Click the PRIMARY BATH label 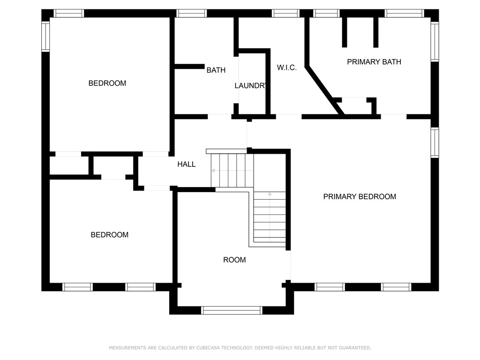point(374,62)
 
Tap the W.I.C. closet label point(287,67)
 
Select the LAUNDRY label point(250,86)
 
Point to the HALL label point(187,165)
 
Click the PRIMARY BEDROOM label point(360,196)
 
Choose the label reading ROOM point(234,260)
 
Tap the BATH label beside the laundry point(216,70)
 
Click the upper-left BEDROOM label point(107,83)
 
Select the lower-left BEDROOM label point(110,235)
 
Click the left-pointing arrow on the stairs point(232,171)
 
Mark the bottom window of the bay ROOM point(232,310)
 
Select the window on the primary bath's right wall point(435,42)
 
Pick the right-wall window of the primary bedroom point(435,142)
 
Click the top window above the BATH point(192,14)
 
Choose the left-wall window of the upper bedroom point(45,37)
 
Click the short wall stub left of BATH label point(189,67)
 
